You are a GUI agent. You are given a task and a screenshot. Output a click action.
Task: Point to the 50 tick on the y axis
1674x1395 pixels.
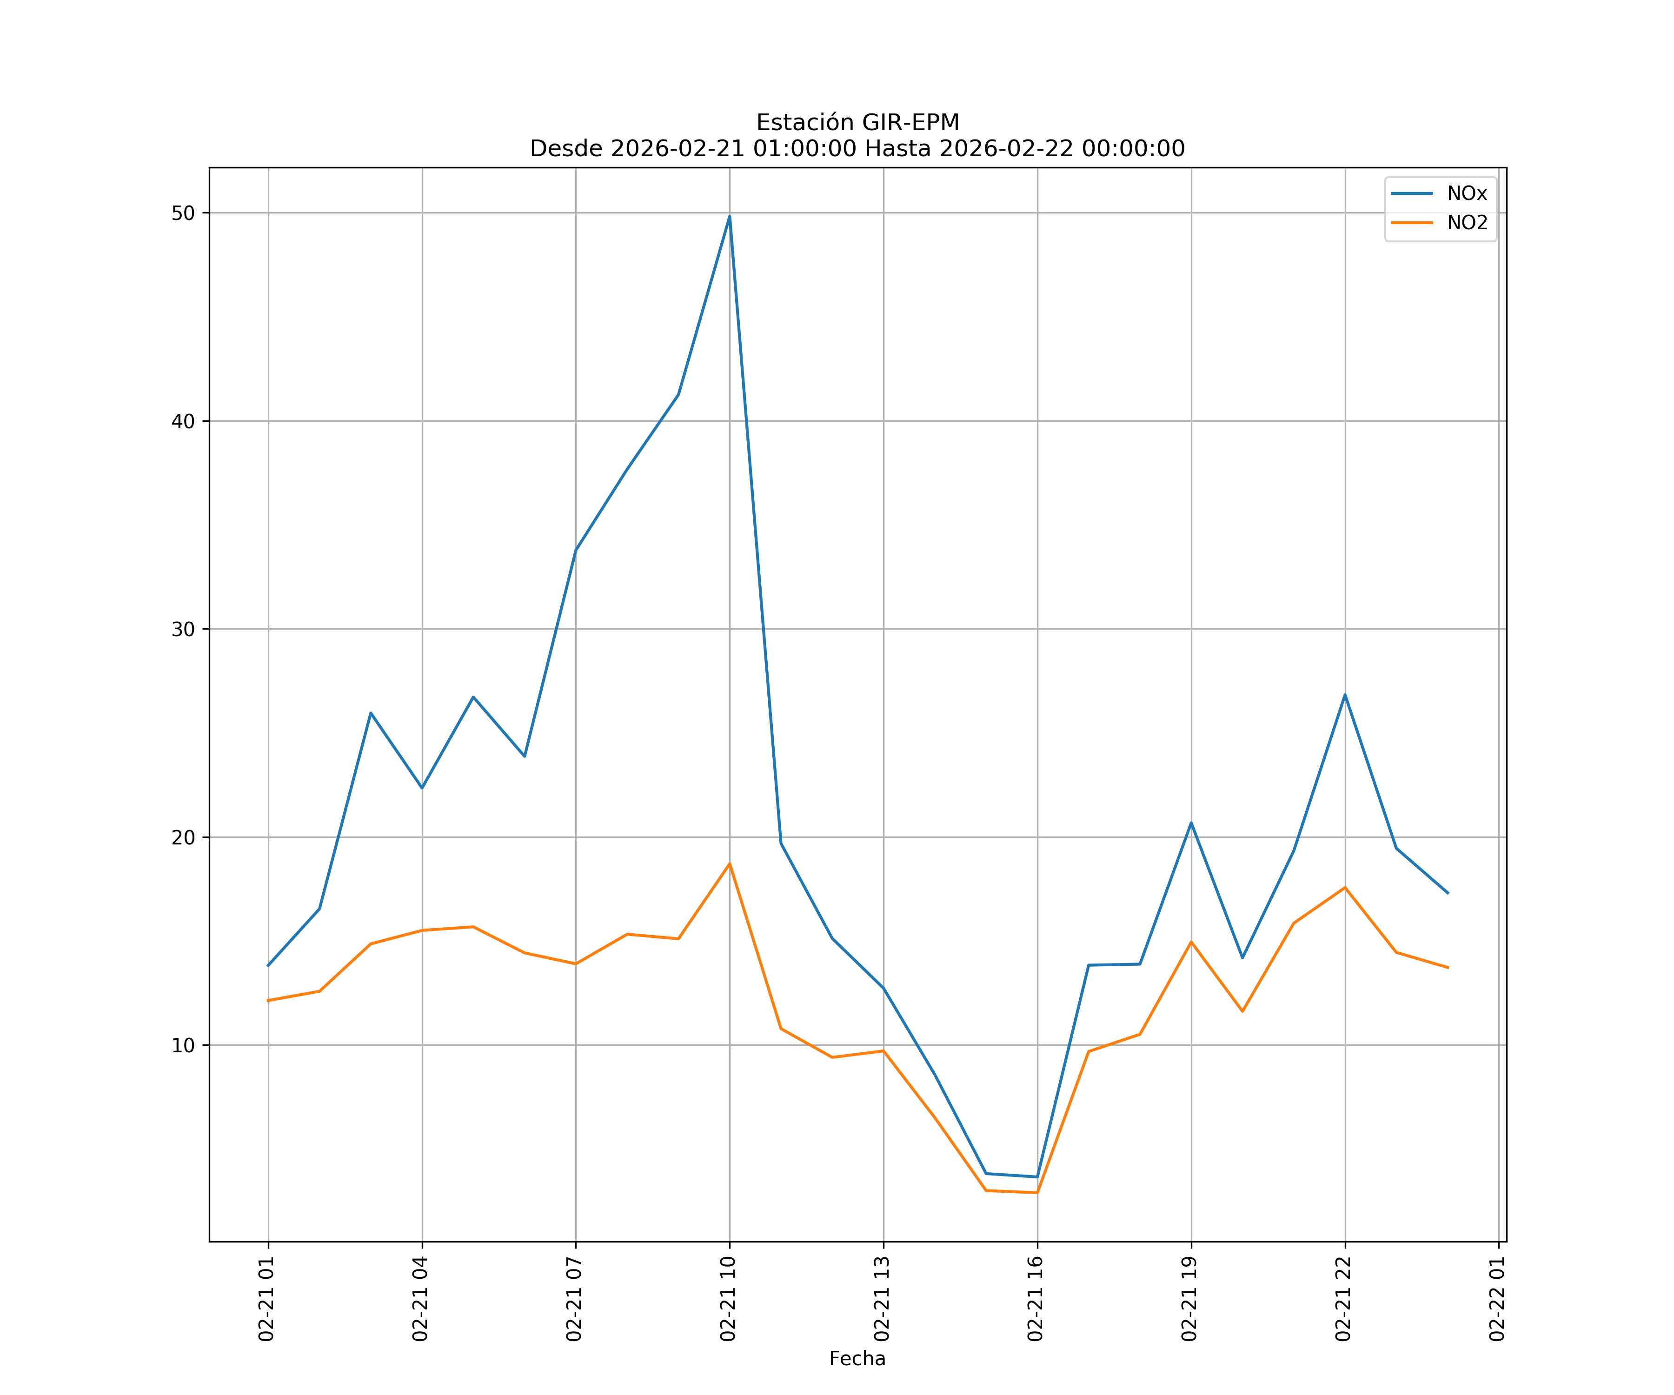tap(183, 213)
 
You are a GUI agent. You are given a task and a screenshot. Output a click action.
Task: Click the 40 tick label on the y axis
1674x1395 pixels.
tap(183, 422)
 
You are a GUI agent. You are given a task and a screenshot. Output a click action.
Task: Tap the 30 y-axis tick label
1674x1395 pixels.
tap(183, 630)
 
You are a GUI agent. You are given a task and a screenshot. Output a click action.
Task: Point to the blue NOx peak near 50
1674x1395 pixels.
tap(730, 216)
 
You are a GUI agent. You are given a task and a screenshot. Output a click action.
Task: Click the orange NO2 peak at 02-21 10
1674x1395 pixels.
tap(730, 864)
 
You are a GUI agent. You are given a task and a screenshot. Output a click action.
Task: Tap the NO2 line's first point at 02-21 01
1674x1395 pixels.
tap(269, 1000)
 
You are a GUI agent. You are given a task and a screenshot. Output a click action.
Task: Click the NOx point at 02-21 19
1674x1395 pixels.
tap(1191, 823)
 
